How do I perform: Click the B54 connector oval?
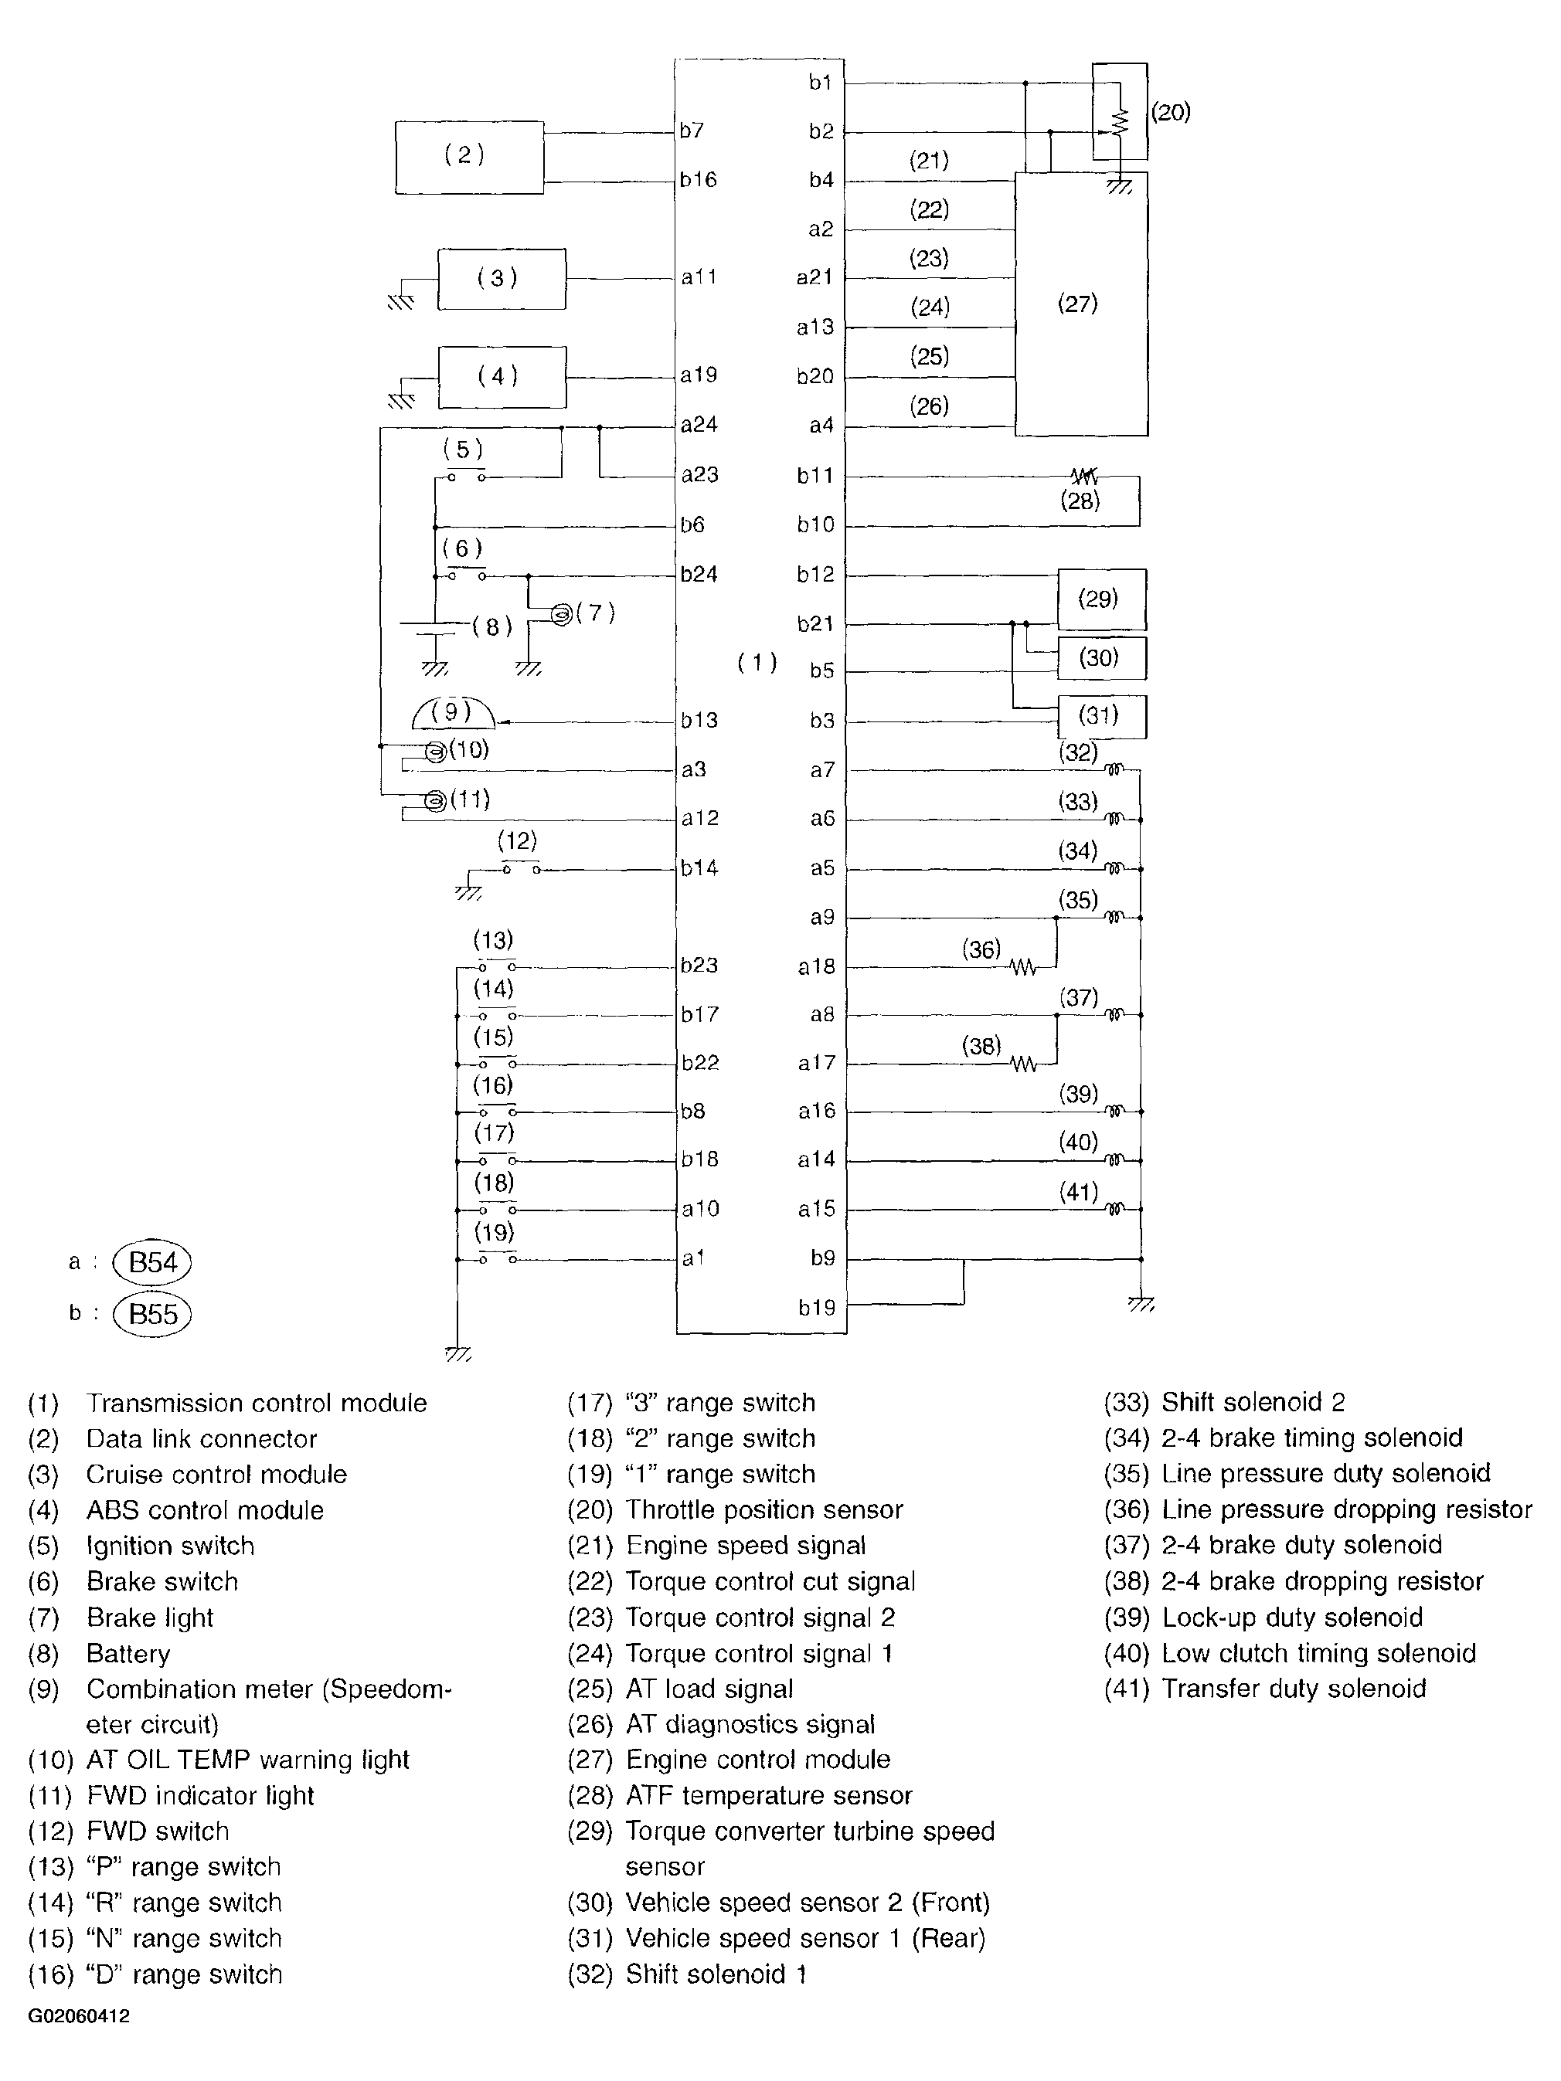pyautogui.click(x=152, y=1262)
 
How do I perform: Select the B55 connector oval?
pyautogui.click(x=152, y=1314)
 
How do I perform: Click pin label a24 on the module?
pyautogui.click(x=699, y=425)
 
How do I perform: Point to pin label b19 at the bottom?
pyautogui.click(x=817, y=1307)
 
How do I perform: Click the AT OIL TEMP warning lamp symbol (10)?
pyautogui.click(x=435, y=752)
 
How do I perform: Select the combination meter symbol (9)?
pyautogui.click(x=453, y=714)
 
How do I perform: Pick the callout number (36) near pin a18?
pyautogui.click(x=981, y=949)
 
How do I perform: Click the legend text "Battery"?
pyautogui.click(x=128, y=1654)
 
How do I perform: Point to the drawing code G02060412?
pyautogui.click(x=79, y=2016)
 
